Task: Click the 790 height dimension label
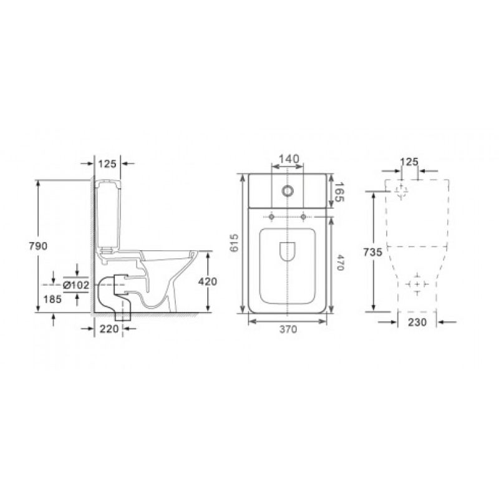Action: click(x=38, y=246)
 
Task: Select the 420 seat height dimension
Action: click(x=208, y=281)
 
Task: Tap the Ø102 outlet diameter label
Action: click(x=76, y=285)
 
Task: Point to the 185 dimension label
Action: click(x=52, y=299)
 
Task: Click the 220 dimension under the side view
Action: click(x=109, y=329)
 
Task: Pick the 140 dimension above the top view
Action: click(x=289, y=158)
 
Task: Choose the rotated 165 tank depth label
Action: click(x=339, y=192)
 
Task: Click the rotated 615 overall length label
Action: click(x=234, y=243)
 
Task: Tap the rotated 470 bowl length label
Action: click(x=340, y=262)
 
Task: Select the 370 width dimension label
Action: click(x=288, y=329)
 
